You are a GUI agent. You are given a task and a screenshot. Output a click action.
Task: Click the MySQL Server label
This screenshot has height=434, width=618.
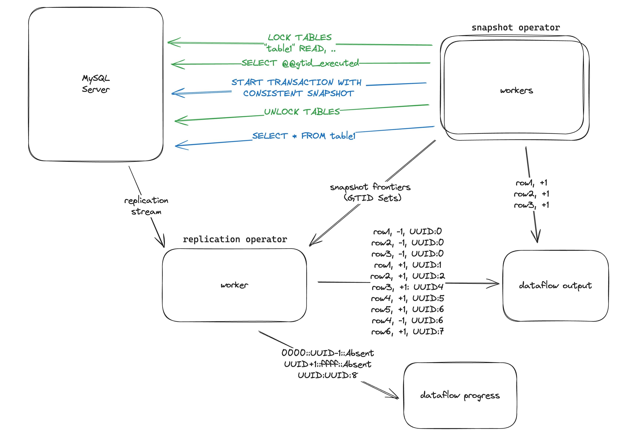(x=96, y=84)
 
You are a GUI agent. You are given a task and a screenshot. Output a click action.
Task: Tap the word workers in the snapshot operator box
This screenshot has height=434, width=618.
(x=516, y=90)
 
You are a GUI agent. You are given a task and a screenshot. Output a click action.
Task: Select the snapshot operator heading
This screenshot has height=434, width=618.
(x=515, y=27)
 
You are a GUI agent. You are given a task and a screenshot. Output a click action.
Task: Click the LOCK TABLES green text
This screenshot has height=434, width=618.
(x=300, y=43)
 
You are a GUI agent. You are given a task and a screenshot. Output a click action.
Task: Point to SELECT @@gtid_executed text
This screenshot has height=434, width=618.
(x=300, y=63)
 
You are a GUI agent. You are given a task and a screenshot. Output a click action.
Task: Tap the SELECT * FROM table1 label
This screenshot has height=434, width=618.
(x=304, y=136)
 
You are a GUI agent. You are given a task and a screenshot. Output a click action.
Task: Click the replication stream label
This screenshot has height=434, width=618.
(x=146, y=206)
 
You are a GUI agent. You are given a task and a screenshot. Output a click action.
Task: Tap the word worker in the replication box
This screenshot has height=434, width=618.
(x=234, y=285)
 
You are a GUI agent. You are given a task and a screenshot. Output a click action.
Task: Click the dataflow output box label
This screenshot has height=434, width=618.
(x=555, y=285)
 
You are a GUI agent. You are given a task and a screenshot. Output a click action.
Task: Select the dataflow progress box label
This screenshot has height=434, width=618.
(x=460, y=395)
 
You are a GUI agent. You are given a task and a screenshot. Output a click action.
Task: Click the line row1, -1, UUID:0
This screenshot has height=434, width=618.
(x=407, y=231)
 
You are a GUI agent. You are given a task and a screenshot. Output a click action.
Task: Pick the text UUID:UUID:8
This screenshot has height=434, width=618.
(x=328, y=375)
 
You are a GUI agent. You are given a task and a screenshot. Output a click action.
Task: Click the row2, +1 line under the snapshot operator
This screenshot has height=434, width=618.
(x=531, y=194)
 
